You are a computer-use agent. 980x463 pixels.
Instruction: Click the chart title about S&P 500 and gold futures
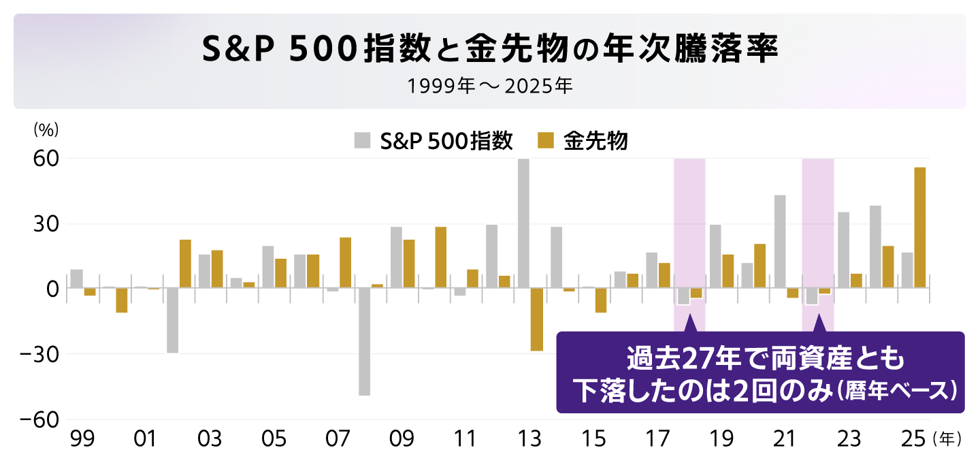(x=489, y=50)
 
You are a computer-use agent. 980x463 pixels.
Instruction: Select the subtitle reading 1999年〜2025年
(x=489, y=87)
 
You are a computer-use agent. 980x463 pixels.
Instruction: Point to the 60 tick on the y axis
(x=47, y=159)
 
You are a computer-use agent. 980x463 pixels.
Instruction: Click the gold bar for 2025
(x=919, y=228)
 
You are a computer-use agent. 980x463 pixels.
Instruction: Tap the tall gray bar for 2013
(x=523, y=223)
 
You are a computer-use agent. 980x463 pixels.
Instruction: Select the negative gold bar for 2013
(x=536, y=319)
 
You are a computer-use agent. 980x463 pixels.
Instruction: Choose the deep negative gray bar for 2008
(x=364, y=342)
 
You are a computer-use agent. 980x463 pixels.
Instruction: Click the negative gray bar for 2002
(x=172, y=321)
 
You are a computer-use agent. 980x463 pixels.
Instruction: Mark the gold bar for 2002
(x=185, y=264)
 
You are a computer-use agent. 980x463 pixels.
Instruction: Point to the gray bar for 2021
(x=780, y=242)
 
